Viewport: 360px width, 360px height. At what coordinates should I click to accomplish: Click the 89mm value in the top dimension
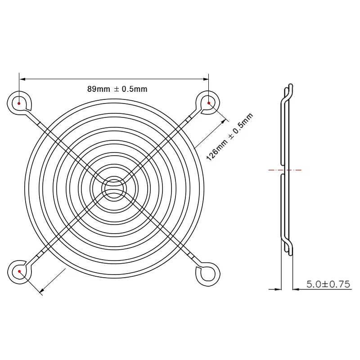click(x=98, y=89)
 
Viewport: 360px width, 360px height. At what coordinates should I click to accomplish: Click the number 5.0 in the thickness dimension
click(x=314, y=284)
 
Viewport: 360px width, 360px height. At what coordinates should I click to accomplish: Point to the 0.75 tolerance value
click(x=341, y=284)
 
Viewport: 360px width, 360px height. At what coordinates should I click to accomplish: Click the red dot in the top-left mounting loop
click(x=19, y=103)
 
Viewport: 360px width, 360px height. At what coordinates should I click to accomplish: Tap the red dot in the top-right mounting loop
click(x=209, y=103)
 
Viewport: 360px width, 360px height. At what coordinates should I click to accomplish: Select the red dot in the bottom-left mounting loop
click(x=19, y=272)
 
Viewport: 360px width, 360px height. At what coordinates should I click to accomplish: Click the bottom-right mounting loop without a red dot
click(x=208, y=272)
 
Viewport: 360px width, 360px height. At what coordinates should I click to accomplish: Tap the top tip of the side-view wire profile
click(x=291, y=85)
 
